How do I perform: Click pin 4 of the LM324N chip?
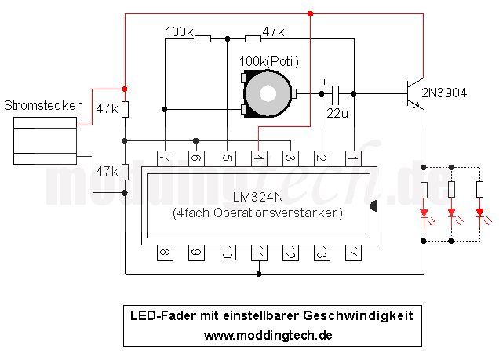point(260,158)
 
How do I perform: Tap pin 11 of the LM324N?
point(259,253)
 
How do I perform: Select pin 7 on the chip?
point(166,158)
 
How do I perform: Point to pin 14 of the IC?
point(353,253)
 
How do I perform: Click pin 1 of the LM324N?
point(353,158)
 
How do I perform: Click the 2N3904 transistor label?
point(444,93)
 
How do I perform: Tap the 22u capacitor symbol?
point(335,95)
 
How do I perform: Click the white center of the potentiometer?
point(268,94)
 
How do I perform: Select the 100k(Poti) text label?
point(269,61)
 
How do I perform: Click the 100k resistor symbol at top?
point(202,38)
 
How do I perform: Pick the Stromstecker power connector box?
point(45,140)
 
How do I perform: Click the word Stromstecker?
point(42,105)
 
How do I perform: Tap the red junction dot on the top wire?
point(310,13)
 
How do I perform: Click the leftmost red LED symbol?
point(424,213)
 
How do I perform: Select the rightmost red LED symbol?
point(480,213)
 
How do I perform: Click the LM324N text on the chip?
point(258,197)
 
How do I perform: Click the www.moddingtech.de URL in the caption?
point(268,335)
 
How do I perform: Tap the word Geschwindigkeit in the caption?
point(358,316)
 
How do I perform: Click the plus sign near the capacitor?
point(324,82)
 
